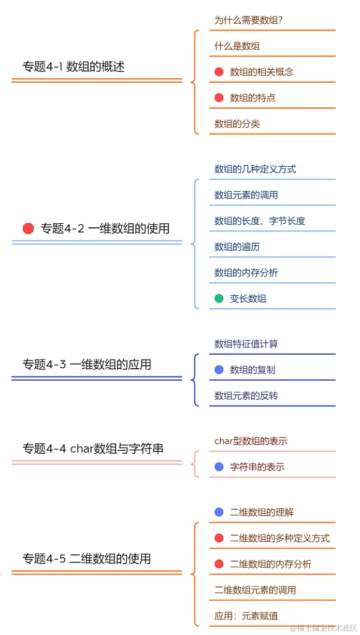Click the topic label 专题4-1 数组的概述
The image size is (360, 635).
click(73, 66)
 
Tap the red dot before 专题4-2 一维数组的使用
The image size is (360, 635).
click(28, 228)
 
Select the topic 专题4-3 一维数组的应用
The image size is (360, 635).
click(87, 364)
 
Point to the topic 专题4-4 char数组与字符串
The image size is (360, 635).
click(93, 448)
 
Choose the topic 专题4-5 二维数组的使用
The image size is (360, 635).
click(87, 558)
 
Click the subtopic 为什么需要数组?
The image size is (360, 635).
click(249, 20)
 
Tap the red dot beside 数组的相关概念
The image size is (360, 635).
click(219, 72)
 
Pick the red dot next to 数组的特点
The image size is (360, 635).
click(219, 98)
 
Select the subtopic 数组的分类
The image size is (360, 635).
click(237, 124)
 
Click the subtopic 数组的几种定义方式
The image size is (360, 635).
click(255, 169)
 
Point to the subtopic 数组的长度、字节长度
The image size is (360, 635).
click(260, 221)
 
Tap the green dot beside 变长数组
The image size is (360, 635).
click(219, 298)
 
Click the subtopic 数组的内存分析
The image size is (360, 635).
click(246, 272)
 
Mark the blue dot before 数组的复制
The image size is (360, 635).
click(219, 370)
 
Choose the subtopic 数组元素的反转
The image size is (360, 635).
click(246, 396)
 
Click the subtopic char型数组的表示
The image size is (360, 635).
click(251, 441)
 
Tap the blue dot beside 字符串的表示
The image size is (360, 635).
click(219, 467)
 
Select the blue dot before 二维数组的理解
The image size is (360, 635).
click(219, 512)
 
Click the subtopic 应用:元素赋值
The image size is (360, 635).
click(246, 616)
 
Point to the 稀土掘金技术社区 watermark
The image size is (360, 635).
click(323, 628)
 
